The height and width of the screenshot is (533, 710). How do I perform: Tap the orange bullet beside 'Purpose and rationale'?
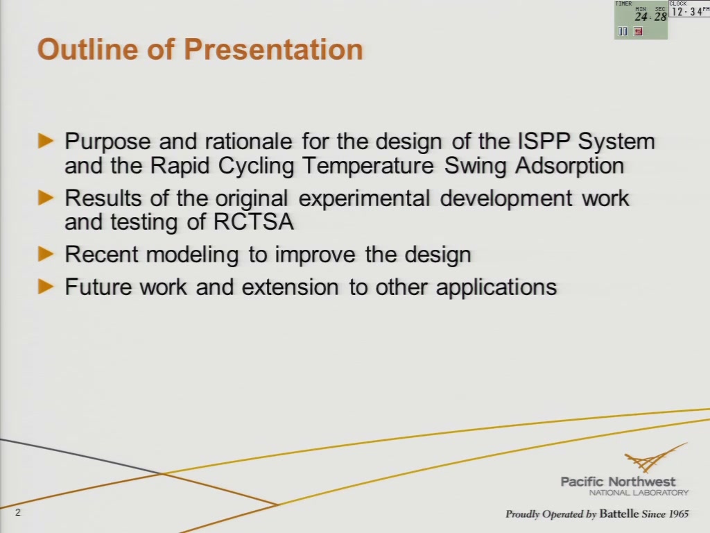click(x=46, y=141)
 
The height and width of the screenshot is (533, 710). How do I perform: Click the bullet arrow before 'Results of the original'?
click(x=46, y=198)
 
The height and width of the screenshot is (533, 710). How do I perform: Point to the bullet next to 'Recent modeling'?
click(x=46, y=254)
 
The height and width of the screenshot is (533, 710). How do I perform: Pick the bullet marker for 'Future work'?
click(x=46, y=287)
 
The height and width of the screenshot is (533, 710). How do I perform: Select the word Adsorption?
click(x=570, y=165)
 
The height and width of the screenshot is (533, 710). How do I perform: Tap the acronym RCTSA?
click(x=254, y=221)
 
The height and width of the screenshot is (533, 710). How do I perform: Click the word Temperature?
click(x=367, y=165)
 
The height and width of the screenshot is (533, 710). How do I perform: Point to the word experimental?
click(x=364, y=198)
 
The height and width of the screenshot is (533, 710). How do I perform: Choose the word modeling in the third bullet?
click(x=193, y=254)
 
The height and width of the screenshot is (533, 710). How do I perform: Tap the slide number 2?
click(x=18, y=513)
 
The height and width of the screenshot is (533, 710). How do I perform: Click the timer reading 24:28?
click(x=650, y=17)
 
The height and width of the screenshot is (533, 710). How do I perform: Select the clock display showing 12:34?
click(x=686, y=12)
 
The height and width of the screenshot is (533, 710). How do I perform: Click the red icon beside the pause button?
click(x=638, y=31)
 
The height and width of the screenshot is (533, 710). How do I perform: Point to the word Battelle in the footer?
click(x=619, y=514)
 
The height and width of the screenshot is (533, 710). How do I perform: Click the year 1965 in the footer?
click(x=678, y=514)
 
